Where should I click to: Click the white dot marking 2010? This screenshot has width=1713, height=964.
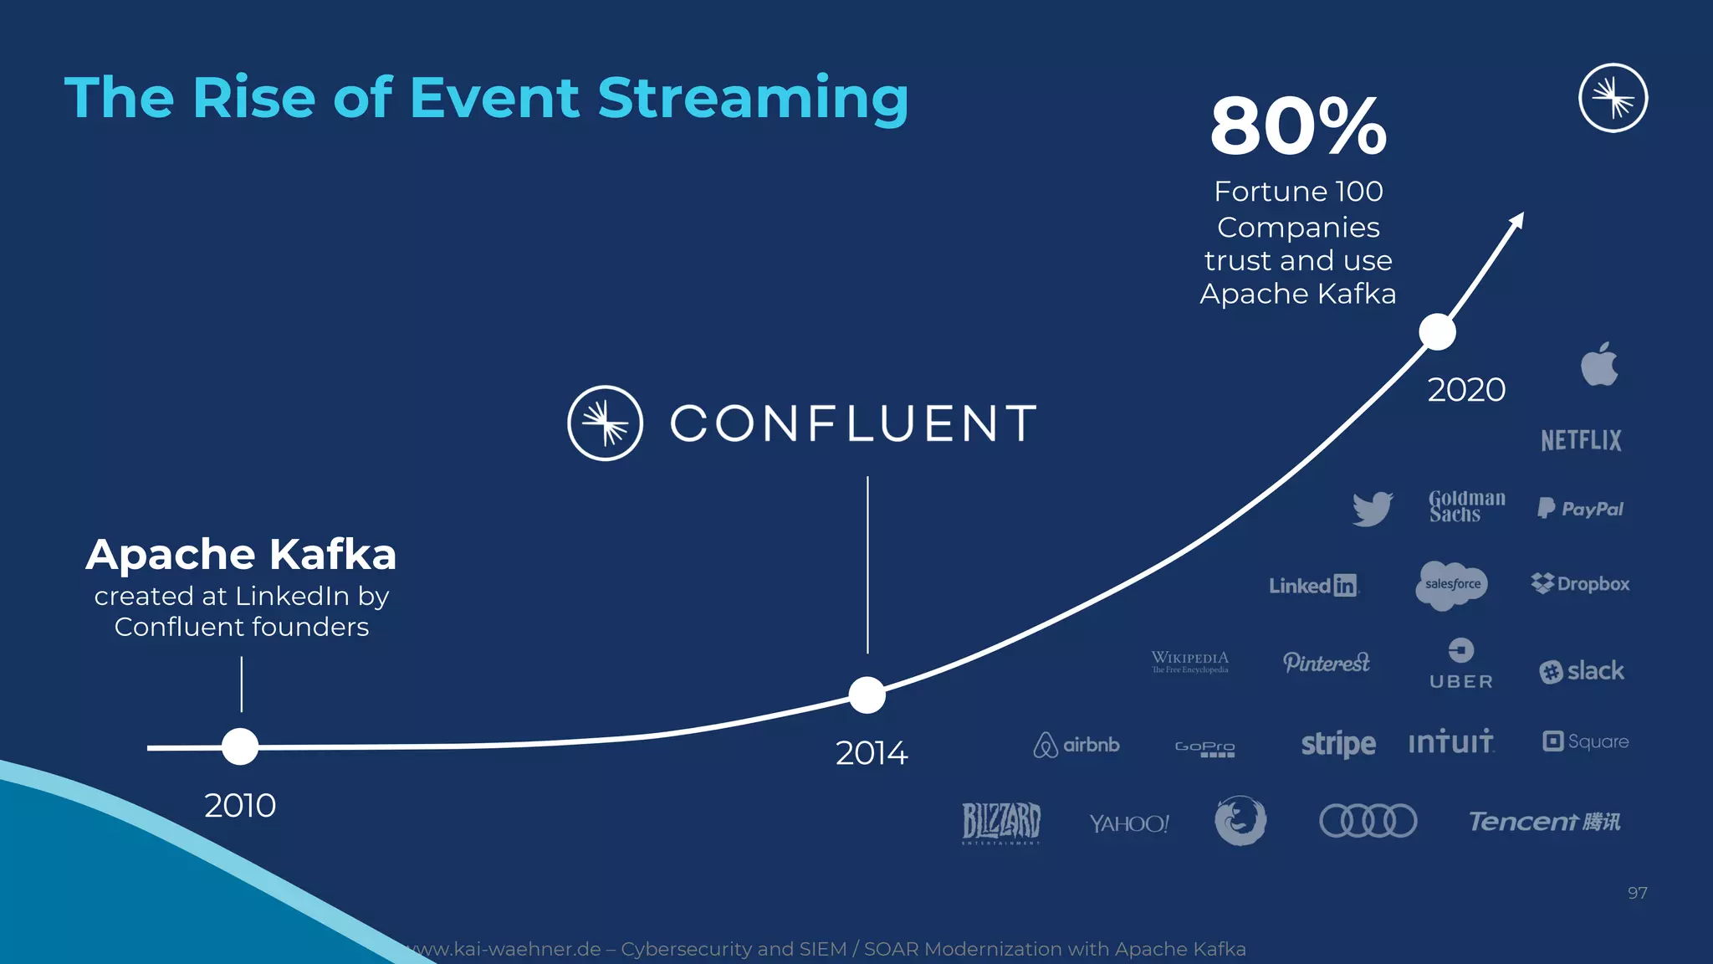point(240,746)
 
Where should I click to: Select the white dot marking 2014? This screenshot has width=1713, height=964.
point(867,695)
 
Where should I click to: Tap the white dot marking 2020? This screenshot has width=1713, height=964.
point(1437,332)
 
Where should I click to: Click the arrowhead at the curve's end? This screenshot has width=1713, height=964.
point(1517,219)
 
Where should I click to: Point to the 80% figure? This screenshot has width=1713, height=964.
point(1298,127)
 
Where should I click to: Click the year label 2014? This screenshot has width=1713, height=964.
point(871,753)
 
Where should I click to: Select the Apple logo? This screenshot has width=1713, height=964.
point(1598,365)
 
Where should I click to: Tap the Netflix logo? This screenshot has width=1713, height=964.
point(1581,440)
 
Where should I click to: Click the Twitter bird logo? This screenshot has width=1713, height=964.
point(1373,508)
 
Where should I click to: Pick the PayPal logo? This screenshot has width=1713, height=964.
point(1580,508)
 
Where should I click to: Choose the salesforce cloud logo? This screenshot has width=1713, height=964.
point(1453,584)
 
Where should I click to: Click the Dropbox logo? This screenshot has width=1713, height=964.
point(1580,583)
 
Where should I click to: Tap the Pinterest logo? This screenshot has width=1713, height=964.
point(1326,663)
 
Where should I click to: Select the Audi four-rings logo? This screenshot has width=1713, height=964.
point(1368,820)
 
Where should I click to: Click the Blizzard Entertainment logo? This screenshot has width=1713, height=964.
point(1000,822)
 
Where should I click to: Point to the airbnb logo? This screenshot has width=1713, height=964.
point(1076,744)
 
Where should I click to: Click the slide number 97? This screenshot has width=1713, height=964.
point(1637,893)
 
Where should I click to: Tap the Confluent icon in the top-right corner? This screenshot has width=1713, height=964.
point(1613,98)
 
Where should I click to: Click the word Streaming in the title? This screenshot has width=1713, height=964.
point(752,98)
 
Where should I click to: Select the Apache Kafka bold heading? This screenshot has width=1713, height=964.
point(241,555)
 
